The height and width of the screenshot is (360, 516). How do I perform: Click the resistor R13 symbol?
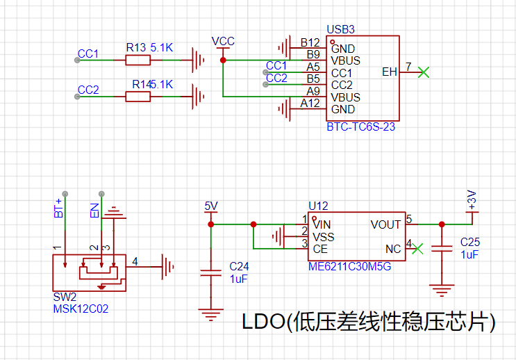tap(138, 60)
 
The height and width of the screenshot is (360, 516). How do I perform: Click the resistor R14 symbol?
tap(138, 97)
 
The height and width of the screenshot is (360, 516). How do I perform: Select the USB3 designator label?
tap(340, 30)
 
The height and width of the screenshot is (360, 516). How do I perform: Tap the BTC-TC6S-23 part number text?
tap(360, 127)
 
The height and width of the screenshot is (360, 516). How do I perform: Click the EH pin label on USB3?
tap(390, 72)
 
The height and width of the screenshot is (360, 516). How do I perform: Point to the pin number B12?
tap(310, 43)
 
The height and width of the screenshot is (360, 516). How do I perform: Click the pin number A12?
tap(310, 104)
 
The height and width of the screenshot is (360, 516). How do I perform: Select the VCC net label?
tap(223, 42)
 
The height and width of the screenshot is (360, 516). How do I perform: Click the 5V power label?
tap(211, 206)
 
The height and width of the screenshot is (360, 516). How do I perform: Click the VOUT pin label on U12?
tap(385, 224)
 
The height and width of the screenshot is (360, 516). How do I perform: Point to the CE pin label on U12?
tap(320, 249)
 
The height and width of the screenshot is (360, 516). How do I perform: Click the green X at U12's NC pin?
tap(417, 247)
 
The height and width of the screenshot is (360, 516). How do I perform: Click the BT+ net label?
tap(59, 207)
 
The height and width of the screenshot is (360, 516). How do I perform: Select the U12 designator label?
tap(317, 206)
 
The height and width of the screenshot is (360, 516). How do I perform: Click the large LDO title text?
tap(368, 322)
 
